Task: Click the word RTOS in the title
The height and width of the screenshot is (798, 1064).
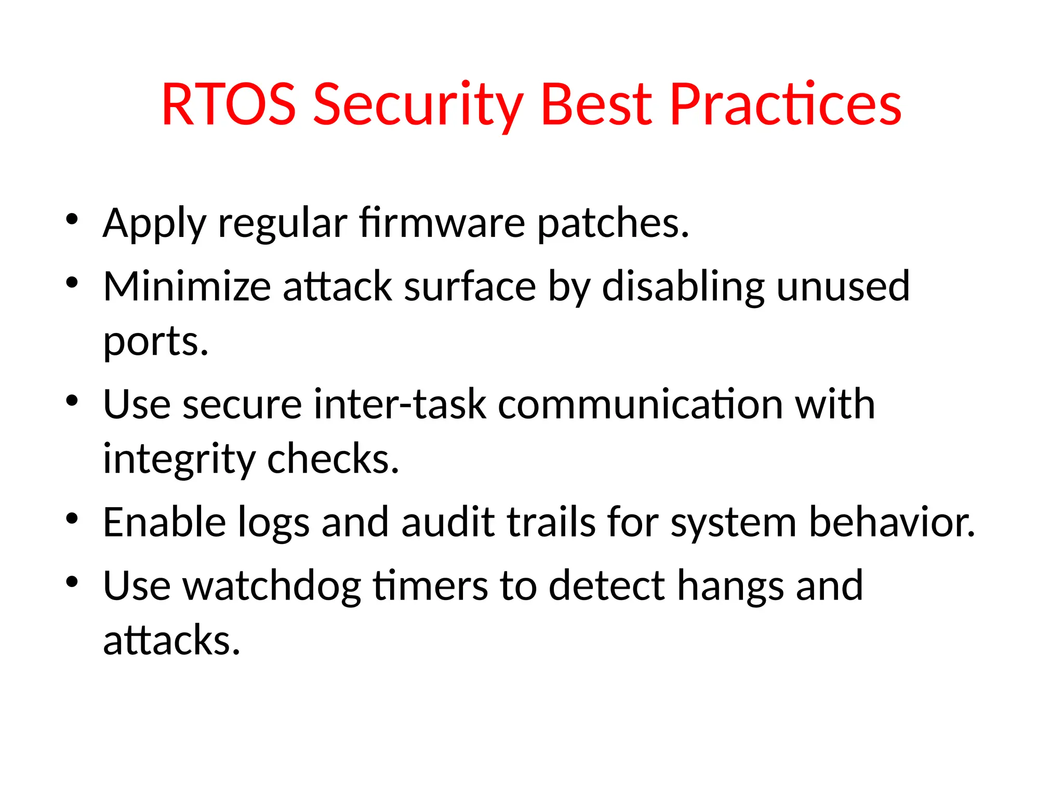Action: [x=229, y=105]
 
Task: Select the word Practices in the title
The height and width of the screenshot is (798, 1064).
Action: [x=785, y=105]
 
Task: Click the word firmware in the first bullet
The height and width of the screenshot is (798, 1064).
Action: [x=442, y=223]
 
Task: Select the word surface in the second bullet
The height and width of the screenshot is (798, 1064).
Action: [x=470, y=287]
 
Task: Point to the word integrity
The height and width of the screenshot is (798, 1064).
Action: [x=179, y=460]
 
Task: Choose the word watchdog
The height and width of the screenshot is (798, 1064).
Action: [x=272, y=586]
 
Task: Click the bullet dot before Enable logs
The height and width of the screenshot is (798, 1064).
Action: [x=72, y=518]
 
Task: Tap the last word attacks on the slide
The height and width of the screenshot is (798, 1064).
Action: [x=171, y=641]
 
